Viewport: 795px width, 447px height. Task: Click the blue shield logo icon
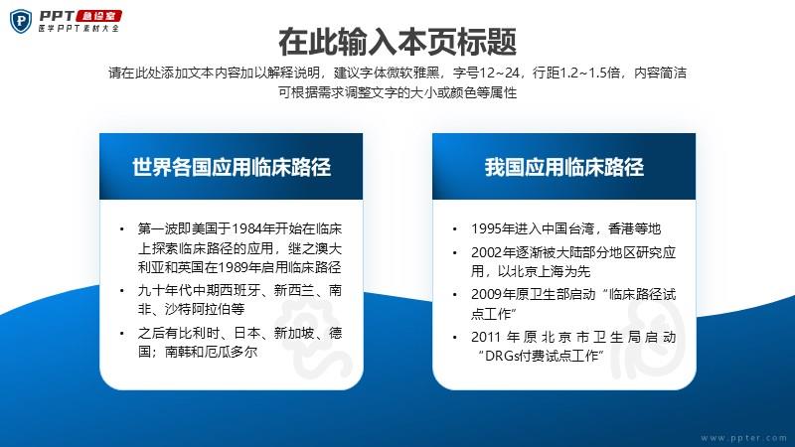click(x=21, y=21)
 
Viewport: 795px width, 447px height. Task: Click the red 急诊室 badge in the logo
click(x=98, y=16)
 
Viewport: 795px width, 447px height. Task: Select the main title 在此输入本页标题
click(x=397, y=42)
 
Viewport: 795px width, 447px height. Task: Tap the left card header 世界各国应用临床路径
click(x=232, y=167)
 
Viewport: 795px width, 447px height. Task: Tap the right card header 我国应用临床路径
click(x=563, y=167)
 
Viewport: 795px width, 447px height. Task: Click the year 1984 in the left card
click(x=246, y=229)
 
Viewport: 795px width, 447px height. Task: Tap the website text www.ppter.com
click(x=743, y=438)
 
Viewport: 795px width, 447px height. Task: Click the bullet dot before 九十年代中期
click(x=121, y=291)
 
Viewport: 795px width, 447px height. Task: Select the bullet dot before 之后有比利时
click(x=121, y=334)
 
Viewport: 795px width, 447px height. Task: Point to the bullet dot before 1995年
click(x=455, y=229)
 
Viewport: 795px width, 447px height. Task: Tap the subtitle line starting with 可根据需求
click(x=397, y=92)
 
